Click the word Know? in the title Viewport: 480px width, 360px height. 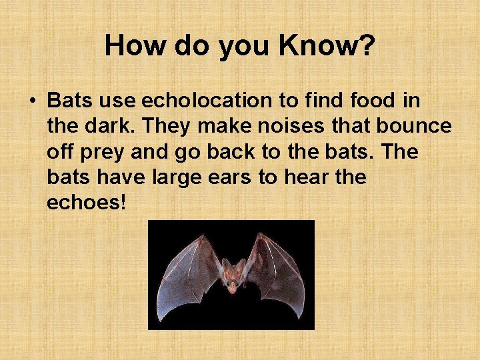click(x=327, y=46)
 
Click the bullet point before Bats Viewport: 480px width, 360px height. click(x=32, y=101)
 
